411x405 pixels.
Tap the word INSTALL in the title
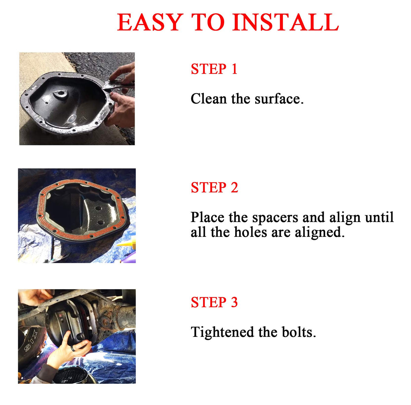pos(286,22)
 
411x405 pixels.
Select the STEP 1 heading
pos(214,69)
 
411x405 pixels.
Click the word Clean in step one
pos(209,99)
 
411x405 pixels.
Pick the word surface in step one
pos(279,99)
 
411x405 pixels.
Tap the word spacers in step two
pos(275,218)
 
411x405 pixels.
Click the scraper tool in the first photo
pos(118,85)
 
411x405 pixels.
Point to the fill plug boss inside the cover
pos(60,94)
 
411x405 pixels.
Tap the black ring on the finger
pos(73,348)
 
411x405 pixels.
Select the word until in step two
pos(379,218)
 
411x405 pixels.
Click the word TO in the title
pos(208,22)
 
